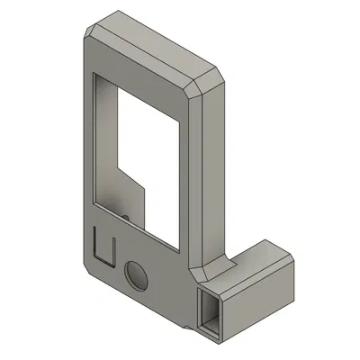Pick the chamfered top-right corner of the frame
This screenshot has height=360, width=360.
coord(207,83)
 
